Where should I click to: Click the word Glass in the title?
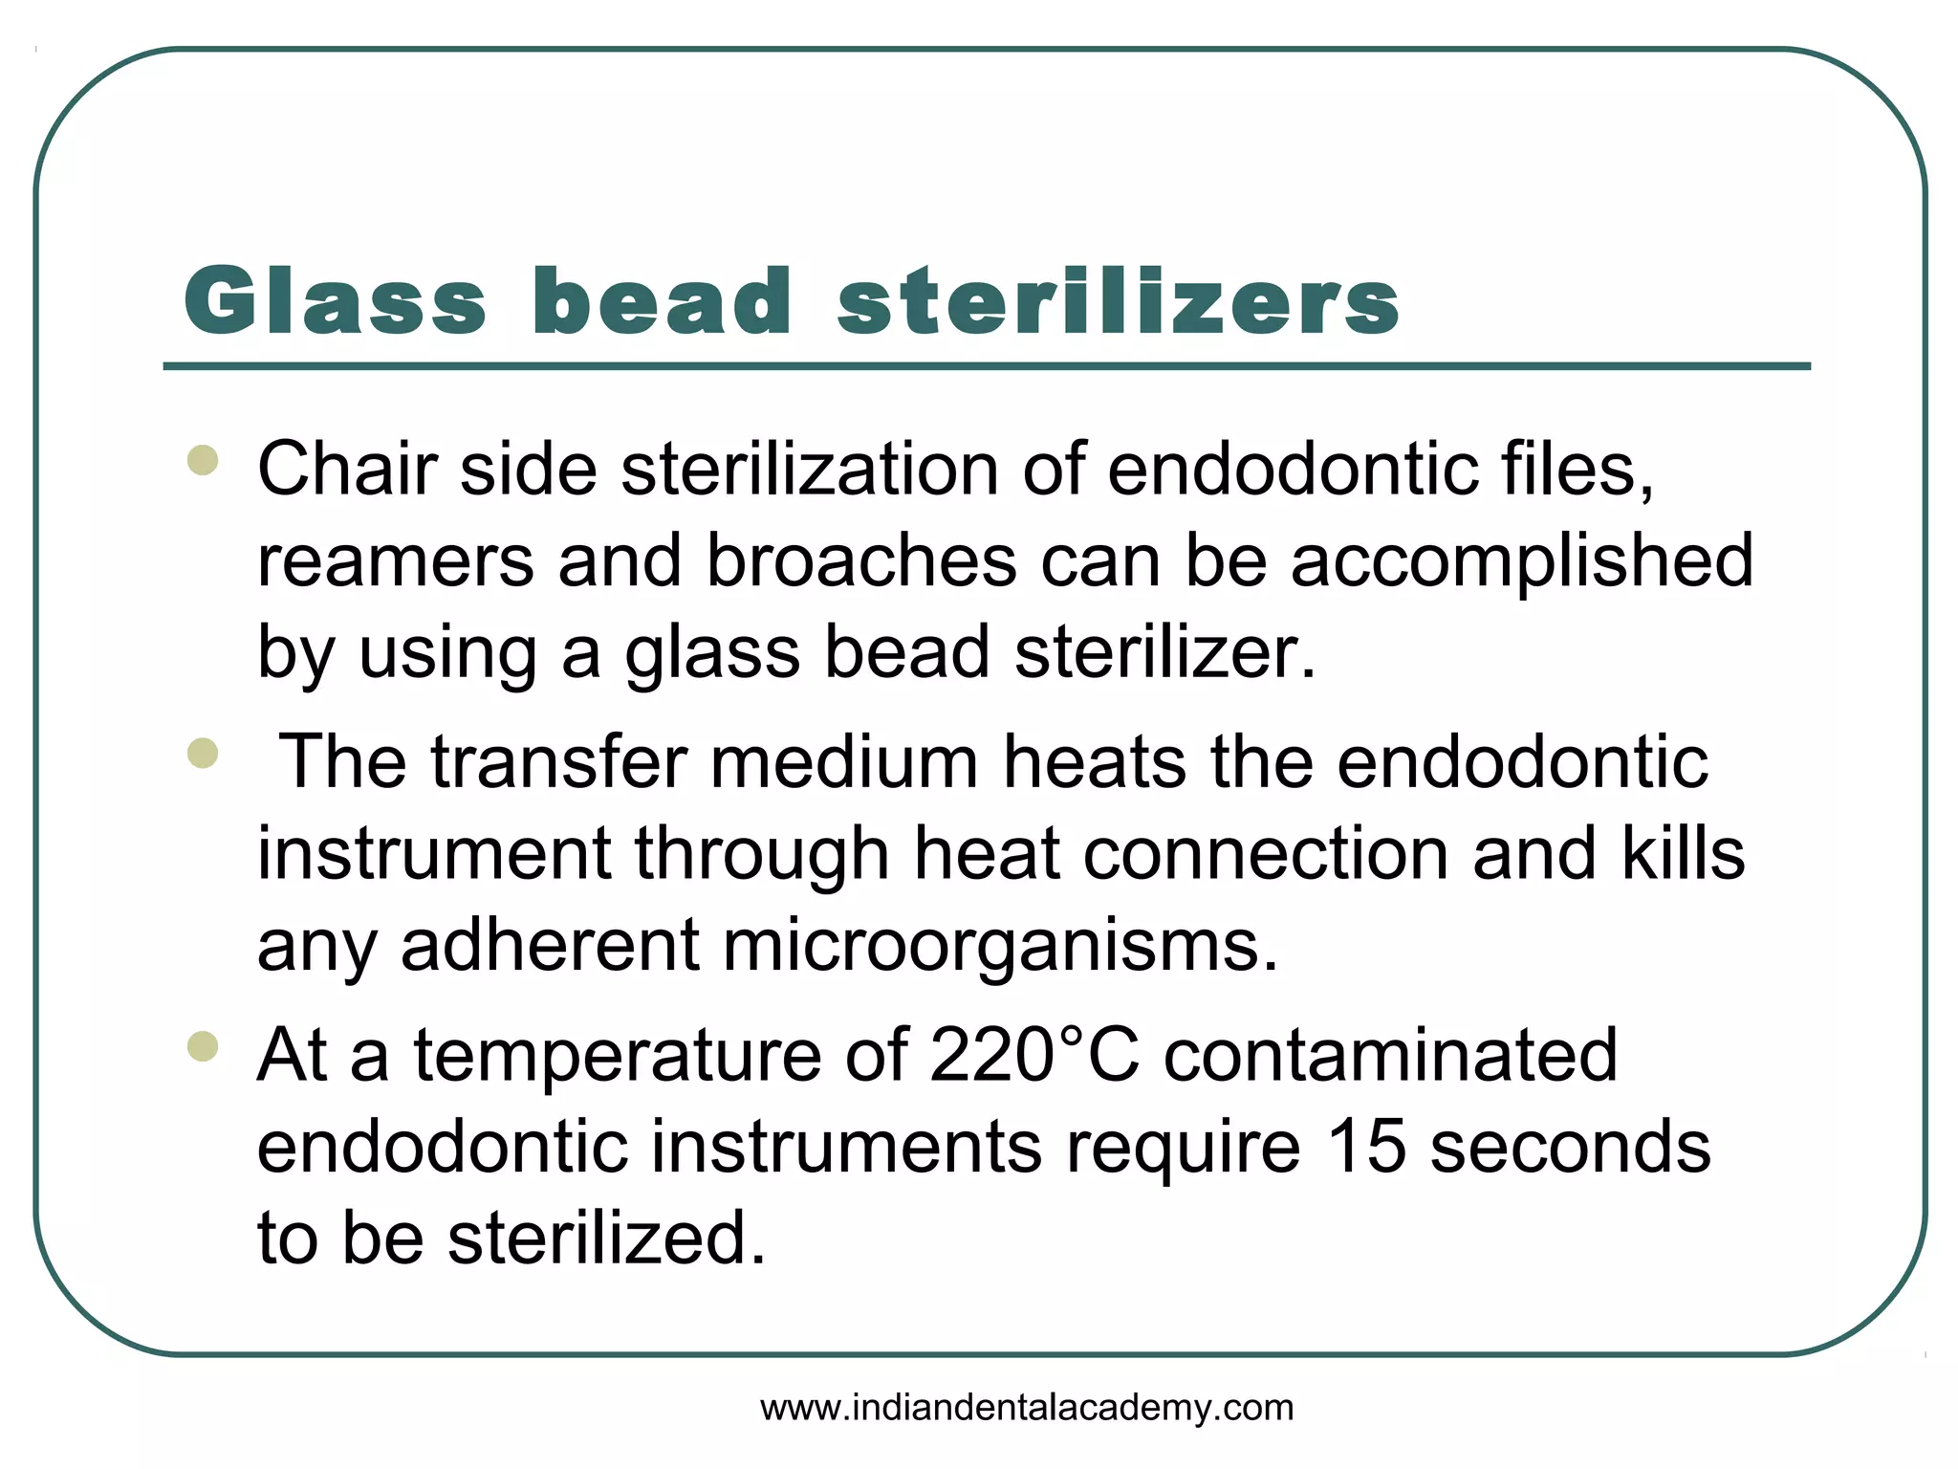click(x=335, y=301)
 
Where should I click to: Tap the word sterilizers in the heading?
click(x=1117, y=301)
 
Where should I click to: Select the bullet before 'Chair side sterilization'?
click(x=203, y=460)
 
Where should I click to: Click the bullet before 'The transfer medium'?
click(x=203, y=753)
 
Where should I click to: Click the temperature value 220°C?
click(x=1034, y=1055)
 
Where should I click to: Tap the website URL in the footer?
click(x=1027, y=1408)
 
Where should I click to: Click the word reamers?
click(x=396, y=561)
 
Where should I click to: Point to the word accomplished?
click(x=1522, y=561)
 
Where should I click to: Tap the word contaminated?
click(x=1390, y=1055)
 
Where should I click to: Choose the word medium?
click(x=843, y=762)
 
